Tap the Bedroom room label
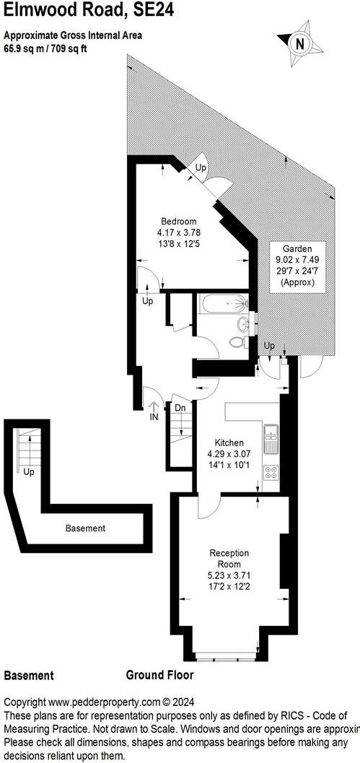pos(178,221)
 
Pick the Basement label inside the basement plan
pos(85,528)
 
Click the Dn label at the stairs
pos(181,408)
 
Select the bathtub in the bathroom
pos(223,305)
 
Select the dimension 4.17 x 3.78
pos(178,232)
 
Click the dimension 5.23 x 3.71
pos(229,575)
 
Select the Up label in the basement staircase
pos(29,472)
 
